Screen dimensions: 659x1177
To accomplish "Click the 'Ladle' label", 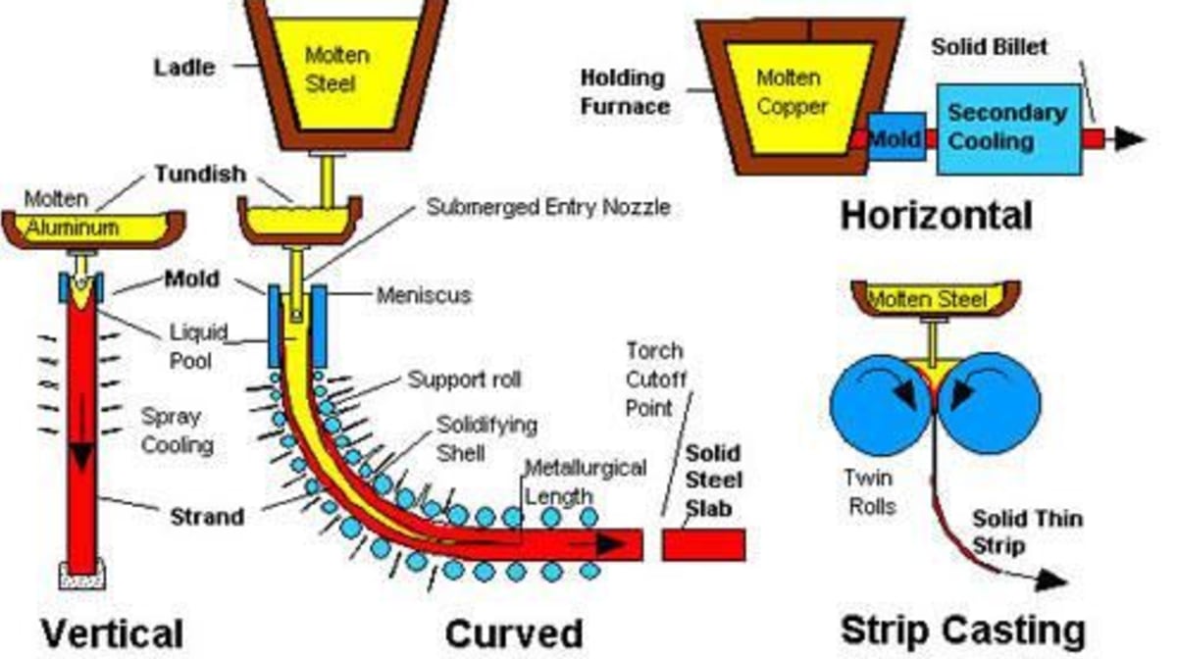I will tap(183, 69).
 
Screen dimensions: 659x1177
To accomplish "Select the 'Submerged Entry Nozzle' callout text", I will tap(548, 208).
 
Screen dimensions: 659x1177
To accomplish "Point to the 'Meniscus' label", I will tap(424, 294).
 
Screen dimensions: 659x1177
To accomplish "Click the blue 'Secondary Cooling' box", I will tap(1007, 127).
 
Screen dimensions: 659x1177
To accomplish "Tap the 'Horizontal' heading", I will tap(936, 215).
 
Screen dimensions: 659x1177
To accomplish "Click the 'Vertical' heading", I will tap(111, 633).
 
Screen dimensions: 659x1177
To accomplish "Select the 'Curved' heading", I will tap(513, 633).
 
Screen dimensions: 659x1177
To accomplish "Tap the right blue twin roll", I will tap(991, 401).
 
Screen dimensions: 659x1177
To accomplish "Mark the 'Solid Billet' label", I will tap(989, 46).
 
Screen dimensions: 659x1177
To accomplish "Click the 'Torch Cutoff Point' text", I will tap(655, 379).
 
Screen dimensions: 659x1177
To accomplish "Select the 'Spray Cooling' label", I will tap(177, 431).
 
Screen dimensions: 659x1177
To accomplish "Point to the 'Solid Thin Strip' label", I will tap(1026, 532).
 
